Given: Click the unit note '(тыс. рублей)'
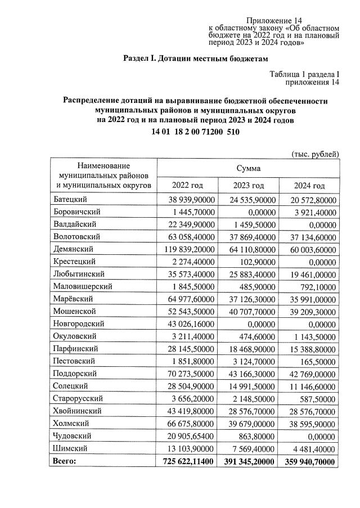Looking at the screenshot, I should point(315,154).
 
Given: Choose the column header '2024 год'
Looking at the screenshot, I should point(309,186).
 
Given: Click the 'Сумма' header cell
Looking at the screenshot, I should point(248,168).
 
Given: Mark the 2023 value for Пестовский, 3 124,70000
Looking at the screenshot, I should point(250,361).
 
